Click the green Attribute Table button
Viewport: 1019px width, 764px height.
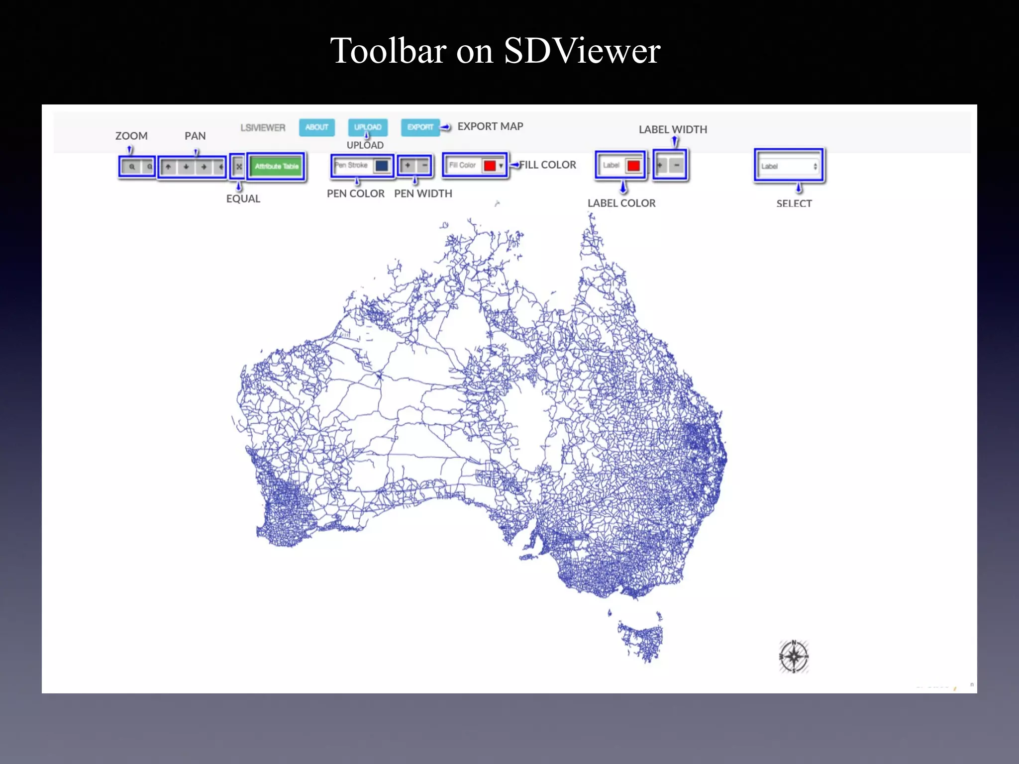point(277,166)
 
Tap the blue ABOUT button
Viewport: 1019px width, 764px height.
point(317,127)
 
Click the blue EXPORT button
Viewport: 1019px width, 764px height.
point(420,127)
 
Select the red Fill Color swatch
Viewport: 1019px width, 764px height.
point(490,166)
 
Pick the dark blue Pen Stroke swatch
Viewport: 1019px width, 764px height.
point(382,166)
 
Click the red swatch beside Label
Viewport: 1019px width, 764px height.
point(633,166)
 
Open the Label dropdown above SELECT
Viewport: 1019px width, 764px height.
point(789,166)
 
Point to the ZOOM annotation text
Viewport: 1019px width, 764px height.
point(131,136)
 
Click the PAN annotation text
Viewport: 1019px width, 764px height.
point(195,136)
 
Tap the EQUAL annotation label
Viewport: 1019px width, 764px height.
point(243,198)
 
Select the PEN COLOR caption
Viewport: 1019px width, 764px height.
point(355,193)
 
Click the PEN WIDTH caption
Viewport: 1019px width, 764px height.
point(423,193)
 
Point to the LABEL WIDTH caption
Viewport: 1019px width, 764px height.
point(673,129)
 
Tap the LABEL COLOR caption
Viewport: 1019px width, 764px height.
point(621,203)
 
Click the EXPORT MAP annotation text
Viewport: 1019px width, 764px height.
point(490,126)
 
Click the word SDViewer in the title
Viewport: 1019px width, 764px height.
point(582,51)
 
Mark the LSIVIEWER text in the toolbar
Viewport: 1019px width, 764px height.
point(263,128)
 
